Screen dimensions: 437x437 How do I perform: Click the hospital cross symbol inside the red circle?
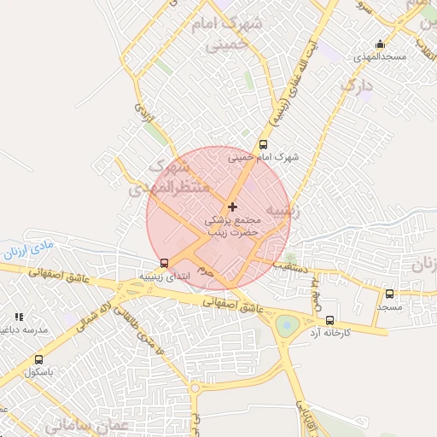[232, 207]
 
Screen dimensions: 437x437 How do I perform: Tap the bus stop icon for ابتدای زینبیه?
[164, 264]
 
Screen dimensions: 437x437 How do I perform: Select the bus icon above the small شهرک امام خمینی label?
[263, 144]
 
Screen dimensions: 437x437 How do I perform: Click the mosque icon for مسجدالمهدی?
[380, 44]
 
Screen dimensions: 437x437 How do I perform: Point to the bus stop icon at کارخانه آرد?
[329, 319]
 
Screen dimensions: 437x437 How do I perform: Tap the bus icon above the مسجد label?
[389, 294]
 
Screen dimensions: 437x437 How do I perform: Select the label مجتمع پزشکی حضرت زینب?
[233, 226]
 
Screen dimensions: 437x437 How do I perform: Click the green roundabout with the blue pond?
[288, 324]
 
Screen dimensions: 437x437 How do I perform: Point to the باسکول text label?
[39, 371]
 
